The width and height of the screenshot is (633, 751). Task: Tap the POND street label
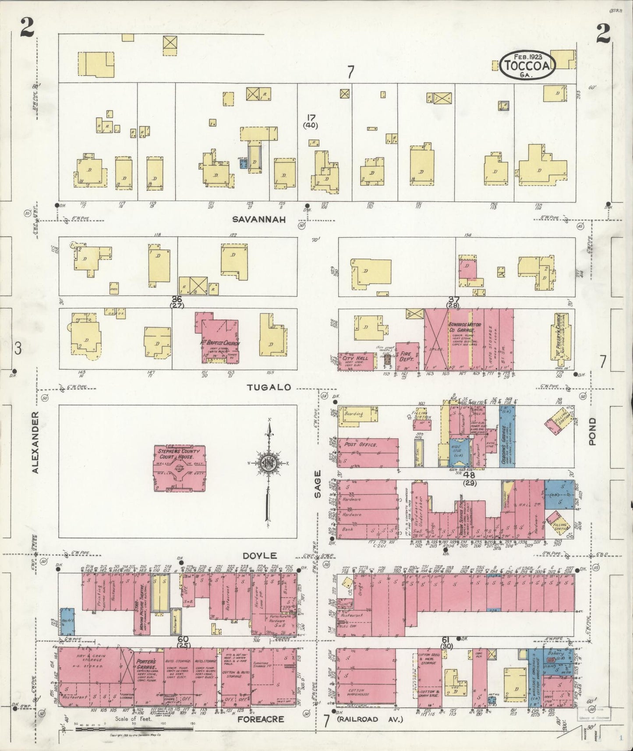coord(592,431)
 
